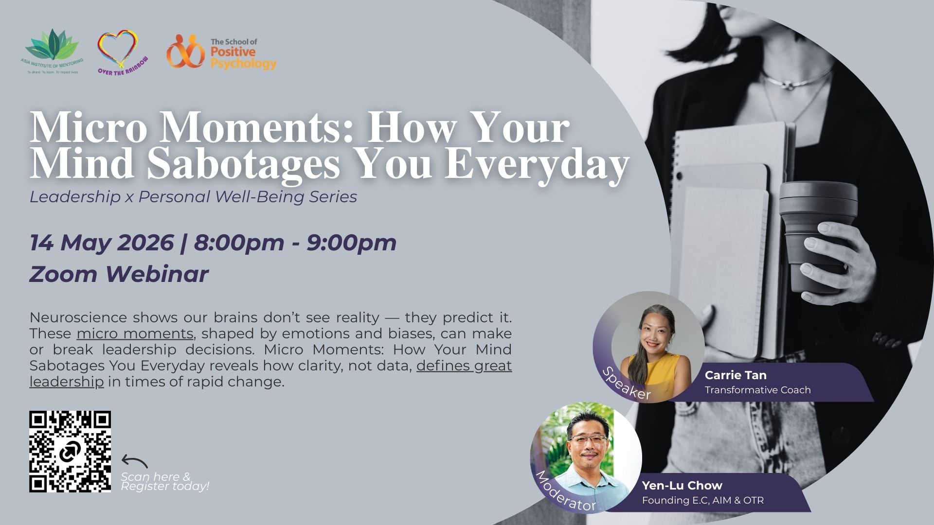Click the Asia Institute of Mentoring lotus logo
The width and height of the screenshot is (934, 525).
(x=52, y=52)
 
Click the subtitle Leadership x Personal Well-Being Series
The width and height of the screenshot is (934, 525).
(x=193, y=197)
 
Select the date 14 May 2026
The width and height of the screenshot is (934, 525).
(x=102, y=243)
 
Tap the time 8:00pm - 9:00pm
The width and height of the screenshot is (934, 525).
(x=295, y=243)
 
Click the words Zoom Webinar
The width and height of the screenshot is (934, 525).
(x=119, y=274)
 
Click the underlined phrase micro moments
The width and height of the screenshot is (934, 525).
(x=135, y=334)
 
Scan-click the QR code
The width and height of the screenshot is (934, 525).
(x=70, y=452)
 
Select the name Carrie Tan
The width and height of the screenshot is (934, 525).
(x=736, y=375)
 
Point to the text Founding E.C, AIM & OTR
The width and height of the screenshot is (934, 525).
(x=703, y=500)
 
